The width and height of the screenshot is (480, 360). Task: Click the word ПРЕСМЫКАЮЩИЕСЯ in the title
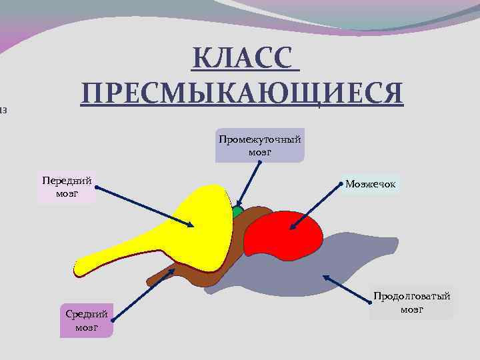(242, 93)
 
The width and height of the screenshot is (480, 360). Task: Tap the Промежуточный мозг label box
(259, 145)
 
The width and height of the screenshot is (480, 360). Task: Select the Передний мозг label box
(67, 187)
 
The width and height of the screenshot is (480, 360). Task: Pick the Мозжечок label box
(370, 183)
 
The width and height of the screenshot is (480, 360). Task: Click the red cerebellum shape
(283, 239)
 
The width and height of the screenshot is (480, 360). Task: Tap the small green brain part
(237, 213)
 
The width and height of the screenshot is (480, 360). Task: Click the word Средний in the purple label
(87, 314)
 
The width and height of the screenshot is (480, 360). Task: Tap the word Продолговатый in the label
(412, 296)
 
